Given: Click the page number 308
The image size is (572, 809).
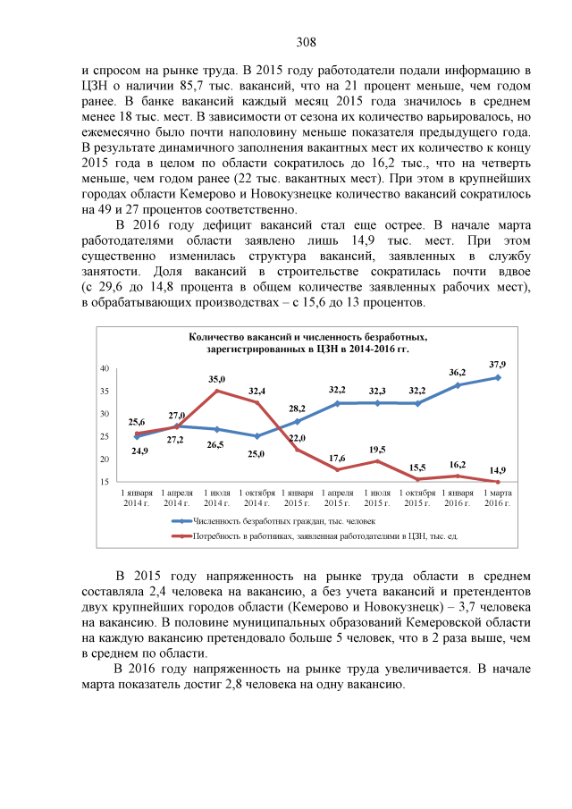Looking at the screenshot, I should coord(307,42).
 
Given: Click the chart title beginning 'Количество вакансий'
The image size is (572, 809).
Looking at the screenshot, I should coord(308,343).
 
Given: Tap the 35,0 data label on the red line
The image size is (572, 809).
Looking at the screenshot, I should coord(216,380).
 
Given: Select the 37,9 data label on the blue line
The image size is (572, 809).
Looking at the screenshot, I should coord(498,365).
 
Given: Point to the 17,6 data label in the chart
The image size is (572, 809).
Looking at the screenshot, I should coord(337,458).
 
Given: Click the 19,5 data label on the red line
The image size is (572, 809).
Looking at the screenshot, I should coord(377,450).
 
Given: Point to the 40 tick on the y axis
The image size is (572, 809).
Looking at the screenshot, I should coord(105,368).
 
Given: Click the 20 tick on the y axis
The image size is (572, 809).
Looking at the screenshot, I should coord(105,459).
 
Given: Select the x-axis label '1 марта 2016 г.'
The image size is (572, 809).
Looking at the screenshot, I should coord(497,497).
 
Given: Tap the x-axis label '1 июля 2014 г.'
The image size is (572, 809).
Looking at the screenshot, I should coord(216,497).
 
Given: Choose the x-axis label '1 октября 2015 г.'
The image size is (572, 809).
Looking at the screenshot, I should coord(417,497).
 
